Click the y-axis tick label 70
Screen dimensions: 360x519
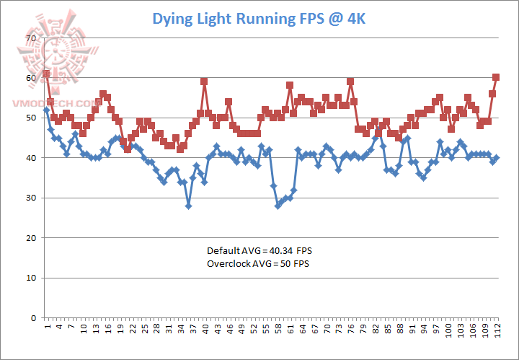30,38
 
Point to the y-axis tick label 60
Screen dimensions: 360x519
30,78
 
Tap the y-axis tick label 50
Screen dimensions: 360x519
30,118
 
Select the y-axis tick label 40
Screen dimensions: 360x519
30,158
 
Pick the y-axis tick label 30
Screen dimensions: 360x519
30,198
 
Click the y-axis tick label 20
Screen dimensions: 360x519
30,238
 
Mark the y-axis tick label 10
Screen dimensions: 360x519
30,278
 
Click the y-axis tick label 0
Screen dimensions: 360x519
32,318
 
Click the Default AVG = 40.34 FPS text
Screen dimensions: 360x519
260,250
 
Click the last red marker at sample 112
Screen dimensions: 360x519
496,77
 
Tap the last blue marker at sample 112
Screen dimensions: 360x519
497,157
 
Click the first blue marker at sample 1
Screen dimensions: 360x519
46,110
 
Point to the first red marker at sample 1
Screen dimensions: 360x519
46,74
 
